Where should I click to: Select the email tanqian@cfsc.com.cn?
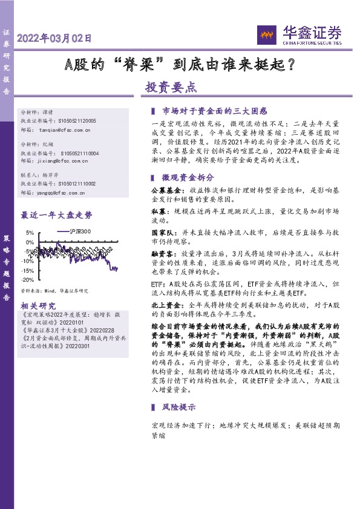(x=64, y=130)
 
